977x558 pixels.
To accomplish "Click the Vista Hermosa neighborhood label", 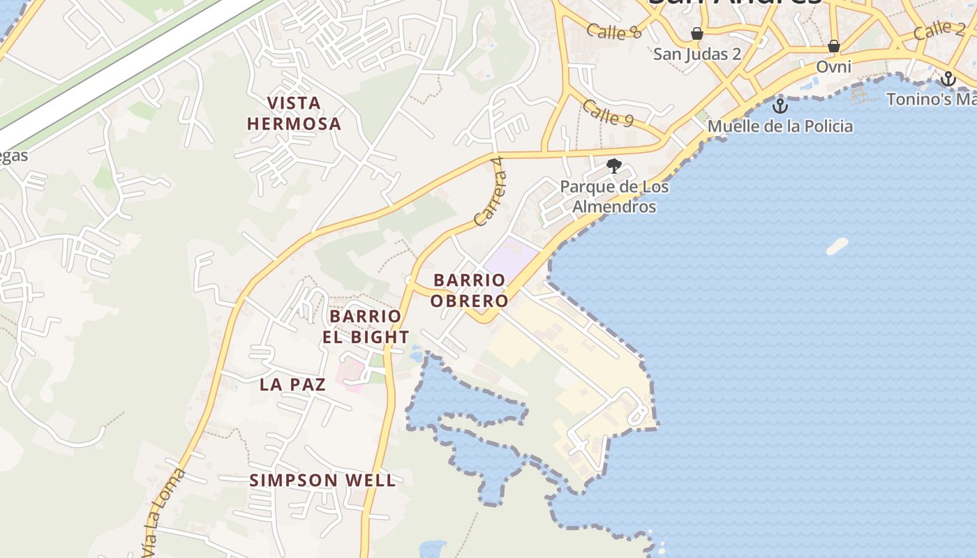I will (294, 114).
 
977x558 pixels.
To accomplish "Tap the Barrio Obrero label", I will (469, 290).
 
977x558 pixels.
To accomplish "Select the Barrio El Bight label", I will (366, 326).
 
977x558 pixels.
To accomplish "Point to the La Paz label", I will (292, 384).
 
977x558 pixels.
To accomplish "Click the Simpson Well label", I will (322, 480).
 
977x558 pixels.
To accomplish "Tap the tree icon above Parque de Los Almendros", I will (614, 166).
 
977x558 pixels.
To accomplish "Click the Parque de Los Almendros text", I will (614, 197).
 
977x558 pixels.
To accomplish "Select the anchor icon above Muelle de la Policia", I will (780, 106).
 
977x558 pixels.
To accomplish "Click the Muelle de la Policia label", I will (780, 126).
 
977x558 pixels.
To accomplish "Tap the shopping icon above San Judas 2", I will (696, 33).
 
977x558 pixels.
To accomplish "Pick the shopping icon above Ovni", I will (833, 47).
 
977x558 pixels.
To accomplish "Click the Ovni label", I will (834, 67).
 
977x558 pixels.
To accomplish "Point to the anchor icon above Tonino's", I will (948, 79).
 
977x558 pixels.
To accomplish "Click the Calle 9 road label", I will (607, 113).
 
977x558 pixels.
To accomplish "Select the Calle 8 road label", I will (613, 31).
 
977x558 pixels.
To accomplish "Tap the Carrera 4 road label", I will (488, 191).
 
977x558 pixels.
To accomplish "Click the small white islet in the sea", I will (837, 246).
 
